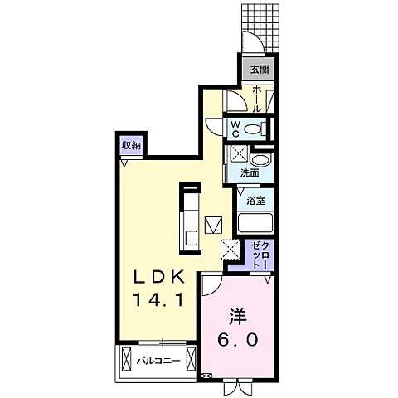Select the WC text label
pos(236,129)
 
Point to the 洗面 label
pos(249,174)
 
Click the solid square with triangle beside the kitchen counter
pos(214,225)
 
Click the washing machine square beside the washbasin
pos(238,154)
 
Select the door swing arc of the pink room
pos(212,286)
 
